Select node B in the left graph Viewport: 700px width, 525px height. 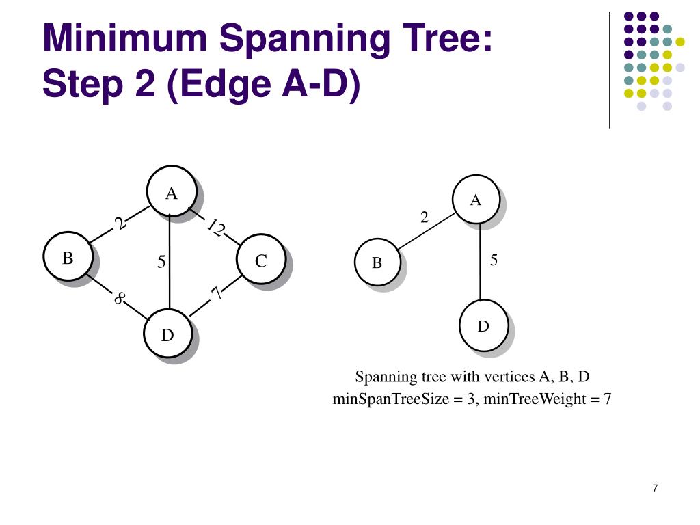point(68,258)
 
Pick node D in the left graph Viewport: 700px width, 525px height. point(167,334)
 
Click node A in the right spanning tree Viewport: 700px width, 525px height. point(476,200)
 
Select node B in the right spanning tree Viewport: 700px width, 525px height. point(377,262)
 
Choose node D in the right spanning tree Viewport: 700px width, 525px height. point(483,326)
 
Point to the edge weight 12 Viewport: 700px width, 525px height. point(215,228)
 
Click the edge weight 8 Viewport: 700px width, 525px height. point(120,298)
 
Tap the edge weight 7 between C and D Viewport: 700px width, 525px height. point(217,293)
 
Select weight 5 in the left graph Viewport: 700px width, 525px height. point(161,261)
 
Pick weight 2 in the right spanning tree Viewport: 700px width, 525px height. point(425,217)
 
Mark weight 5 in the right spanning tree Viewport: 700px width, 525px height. point(494,260)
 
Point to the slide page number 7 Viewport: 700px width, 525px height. point(655,488)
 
